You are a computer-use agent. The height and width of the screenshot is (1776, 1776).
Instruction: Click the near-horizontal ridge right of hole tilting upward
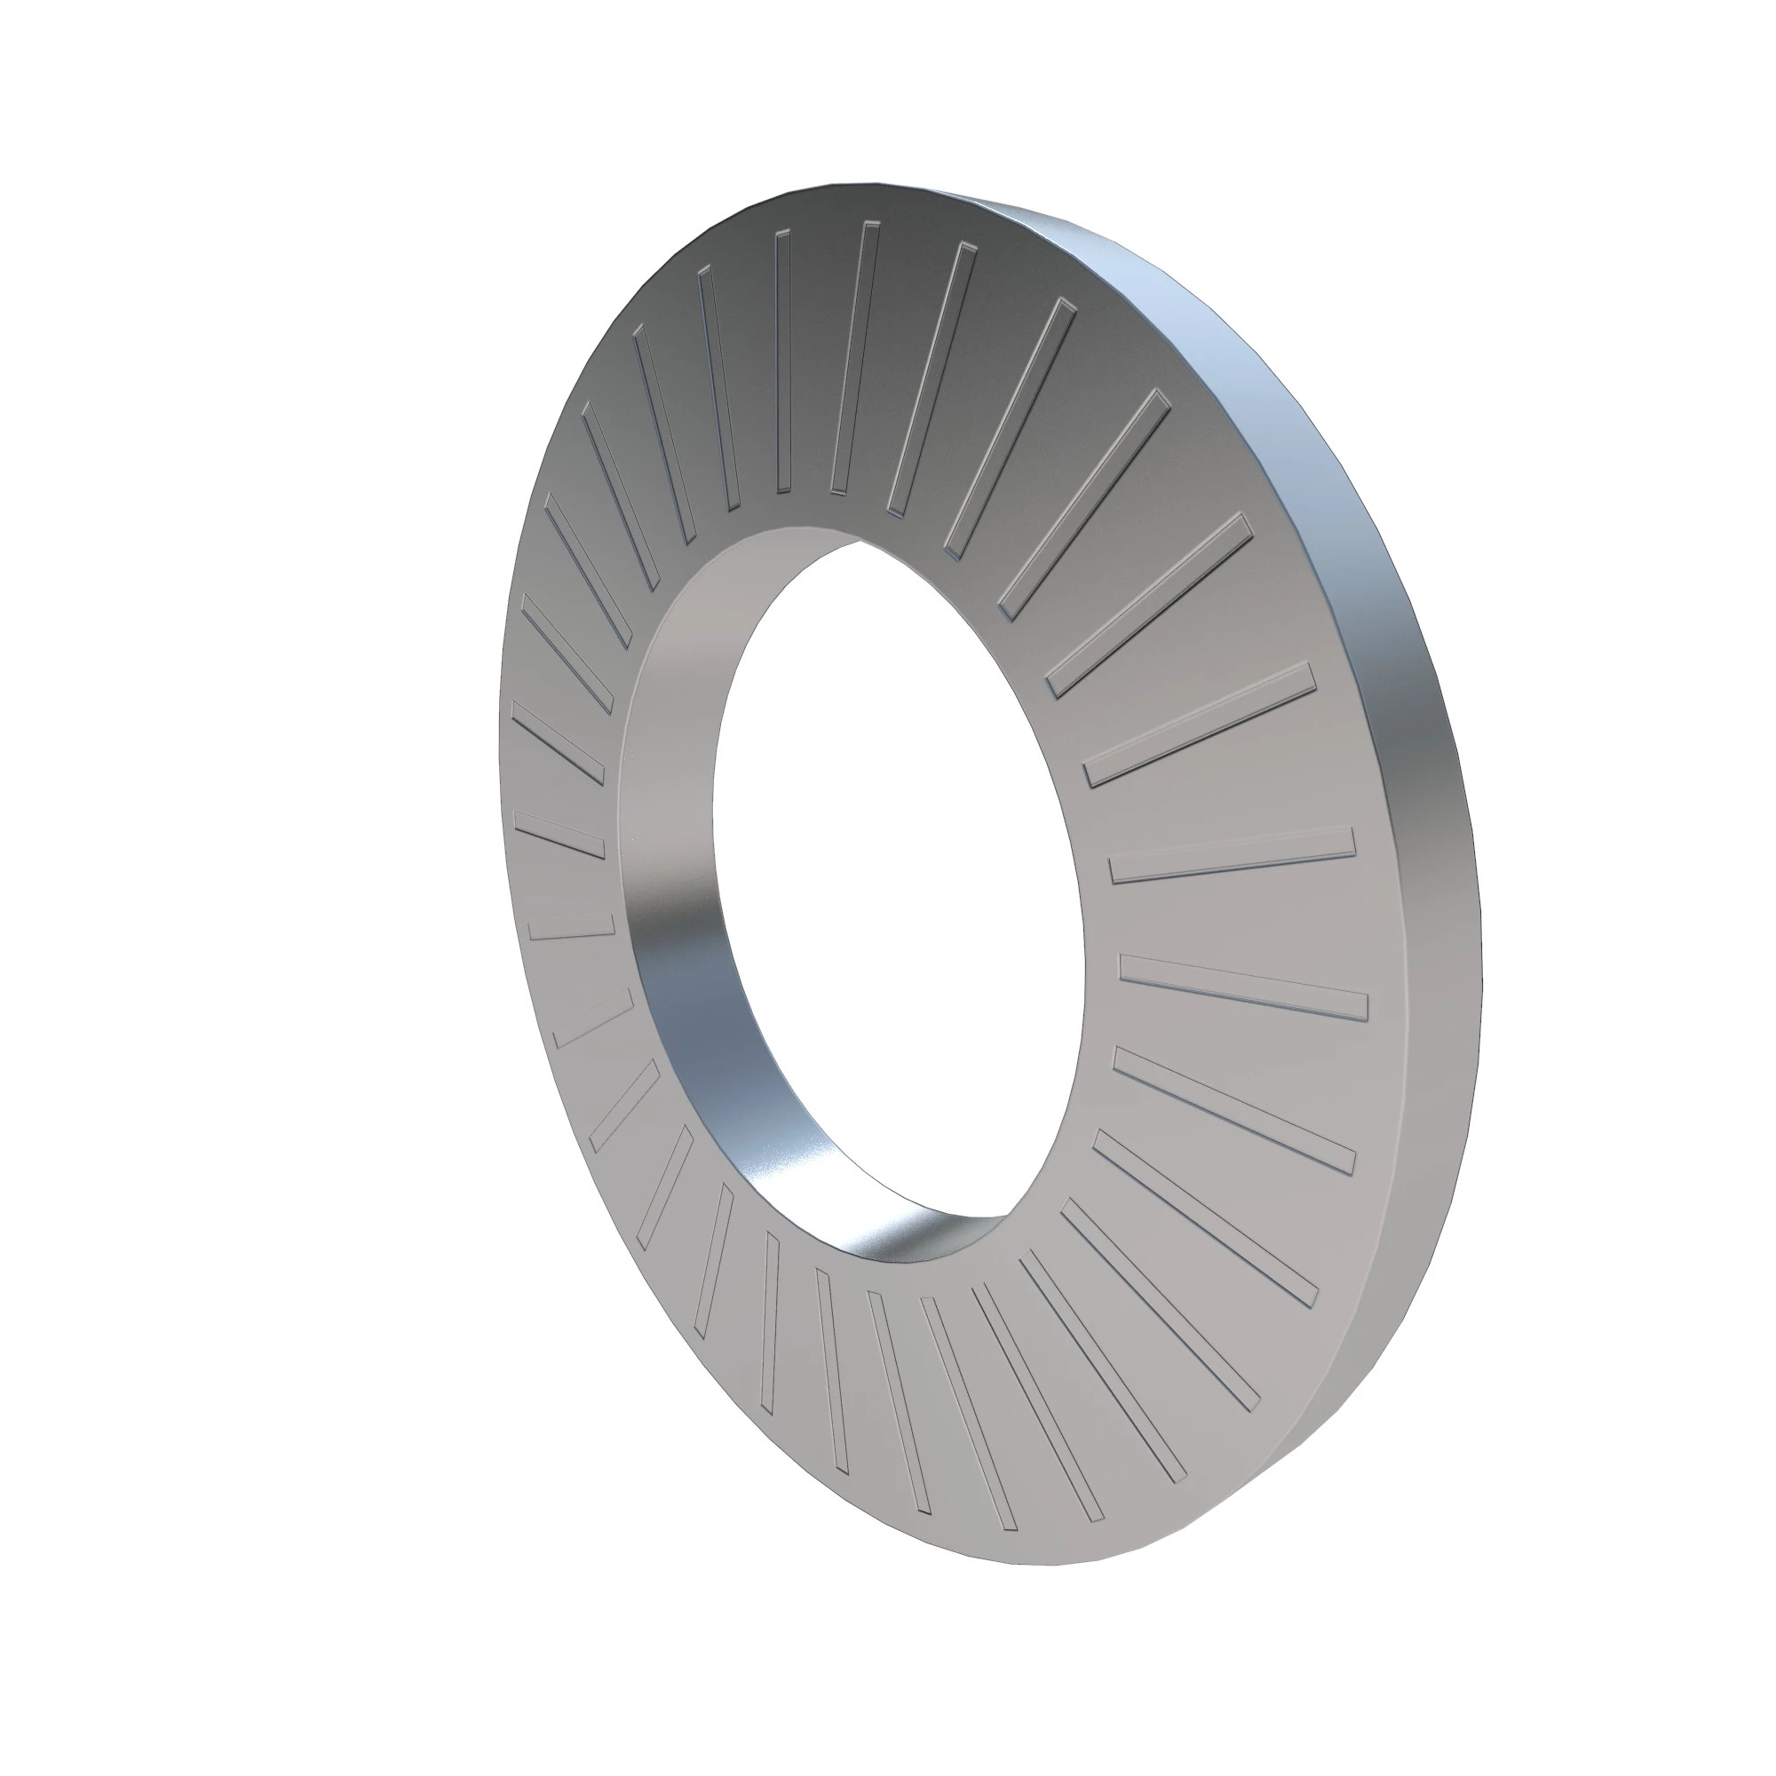point(1232,854)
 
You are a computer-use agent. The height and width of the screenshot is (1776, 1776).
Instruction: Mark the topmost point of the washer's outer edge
point(873,182)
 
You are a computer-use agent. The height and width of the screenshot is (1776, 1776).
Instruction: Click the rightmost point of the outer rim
point(1482,947)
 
